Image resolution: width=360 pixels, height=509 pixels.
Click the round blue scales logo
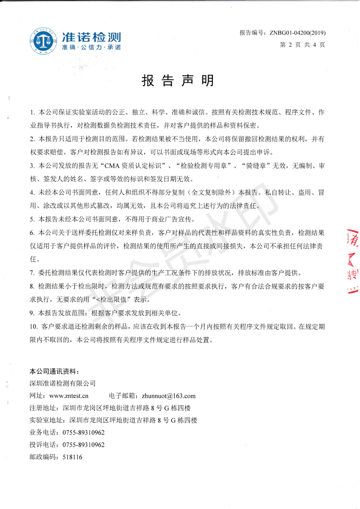(x=44, y=40)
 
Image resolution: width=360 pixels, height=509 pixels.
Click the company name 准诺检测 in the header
(x=91, y=37)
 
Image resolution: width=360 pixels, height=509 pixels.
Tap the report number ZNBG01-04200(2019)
(x=297, y=33)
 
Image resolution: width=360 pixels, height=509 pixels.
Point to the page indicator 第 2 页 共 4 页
(x=303, y=44)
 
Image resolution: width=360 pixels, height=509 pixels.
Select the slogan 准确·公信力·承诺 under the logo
(x=91, y=48)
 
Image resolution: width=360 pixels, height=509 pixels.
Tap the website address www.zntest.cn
(x=69, y=396)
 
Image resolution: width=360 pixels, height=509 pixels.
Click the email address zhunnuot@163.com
(x=168, y=396)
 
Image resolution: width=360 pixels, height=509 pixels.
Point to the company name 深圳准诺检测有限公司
(x=63, y=383)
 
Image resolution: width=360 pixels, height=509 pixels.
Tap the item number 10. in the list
(x=34, y=326)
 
